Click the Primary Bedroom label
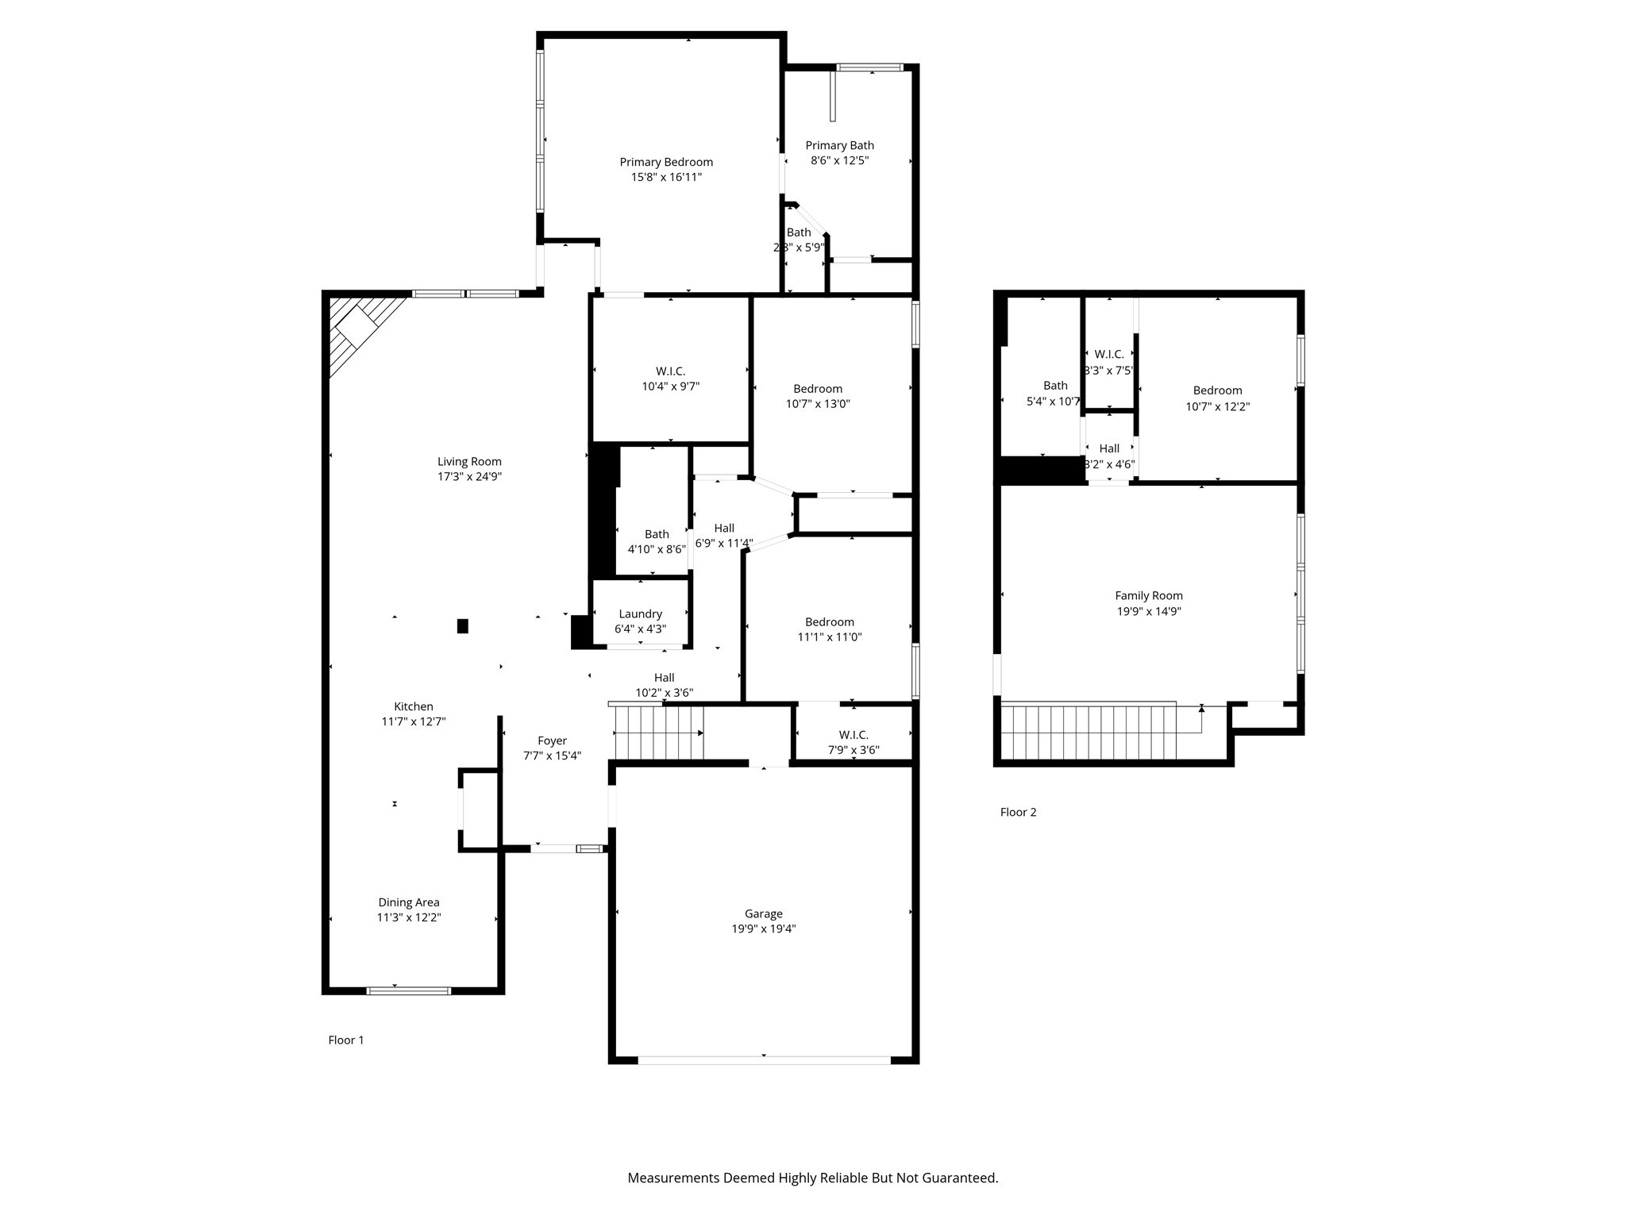pyautogui.click(x=666, y=162)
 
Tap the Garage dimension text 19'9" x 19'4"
pyautogui.click(x=763, y=929)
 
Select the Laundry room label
pyautogui.click(x=640, y=613)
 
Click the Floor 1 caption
pyautogui.click(x=345, y=1040)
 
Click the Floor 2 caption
pyautogui.click(x=1018, y=812)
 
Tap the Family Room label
pyautogui.click(x=1148, y=595)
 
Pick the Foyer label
pyautogui.click(x=552, y=740)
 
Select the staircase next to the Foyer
pyautogui.click(x=659, y=733)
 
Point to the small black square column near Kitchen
pyautogui.click(x=462, y=626)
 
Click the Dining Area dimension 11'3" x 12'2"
pyautogui.click(x=409, y=917)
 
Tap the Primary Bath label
pyautogui.click(x=839, y=145)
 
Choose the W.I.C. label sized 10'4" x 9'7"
pyautogui.click(x=670, y=371)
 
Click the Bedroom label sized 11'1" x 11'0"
pyautogui.click(x=830, y=622)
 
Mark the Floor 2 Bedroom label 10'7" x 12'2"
pyautogui.click(x=1217, y=390)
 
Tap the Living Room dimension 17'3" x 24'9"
pyautogui.click(x=469, y=477)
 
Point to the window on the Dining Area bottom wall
pyautogui.click(x=409, y=990)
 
